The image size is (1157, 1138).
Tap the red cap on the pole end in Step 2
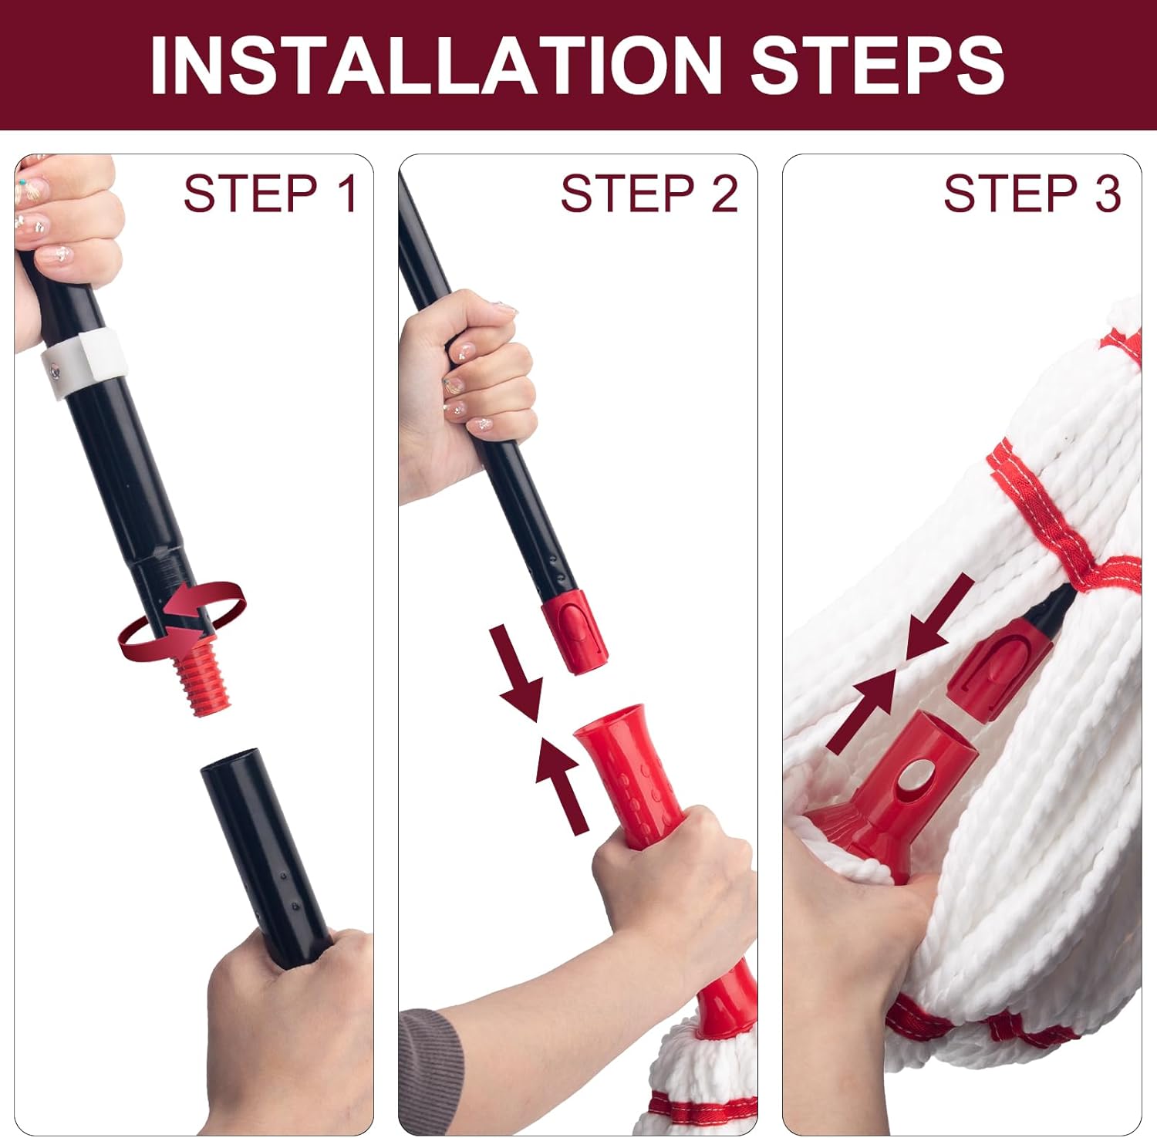pyautogui.click(x=575, y=633)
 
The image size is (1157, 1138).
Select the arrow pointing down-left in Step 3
pyautogui.click(x=937, y=617)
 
